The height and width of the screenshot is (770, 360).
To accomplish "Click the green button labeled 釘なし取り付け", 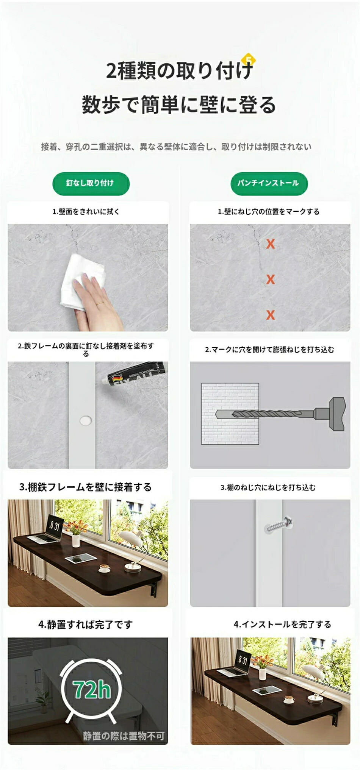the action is (91, 184).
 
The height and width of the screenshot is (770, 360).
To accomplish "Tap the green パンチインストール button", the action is (269, 184).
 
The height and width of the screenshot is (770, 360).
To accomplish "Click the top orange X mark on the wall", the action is (270, 244).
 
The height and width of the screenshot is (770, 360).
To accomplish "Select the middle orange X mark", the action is (270, 280).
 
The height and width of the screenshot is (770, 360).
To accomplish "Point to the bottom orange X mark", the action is (270, 315).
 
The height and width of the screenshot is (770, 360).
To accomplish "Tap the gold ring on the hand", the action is (99, 303).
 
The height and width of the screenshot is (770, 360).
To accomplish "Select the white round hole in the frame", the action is (86, 420).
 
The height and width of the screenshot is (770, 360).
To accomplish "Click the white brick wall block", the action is (230, 414).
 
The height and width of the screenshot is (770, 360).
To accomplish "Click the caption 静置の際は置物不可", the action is (124, 736).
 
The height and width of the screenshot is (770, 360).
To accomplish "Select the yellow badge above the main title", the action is (249, 59).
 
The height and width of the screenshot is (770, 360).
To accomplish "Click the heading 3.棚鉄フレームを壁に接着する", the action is (86, 487).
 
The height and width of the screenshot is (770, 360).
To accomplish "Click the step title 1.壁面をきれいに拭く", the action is (86, 212).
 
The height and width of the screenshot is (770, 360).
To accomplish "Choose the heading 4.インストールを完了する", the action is (282, 625).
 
